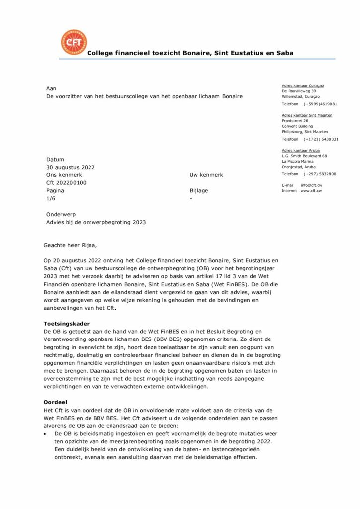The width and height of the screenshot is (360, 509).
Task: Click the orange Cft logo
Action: tap(73, 42)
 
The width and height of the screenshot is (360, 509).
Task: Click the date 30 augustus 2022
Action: tap(70, 167)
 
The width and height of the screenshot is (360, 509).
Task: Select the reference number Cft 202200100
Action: tap(66, 183)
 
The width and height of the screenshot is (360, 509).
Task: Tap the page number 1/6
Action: tap(51, 198)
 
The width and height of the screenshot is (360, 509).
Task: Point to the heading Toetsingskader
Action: tap(66, 324)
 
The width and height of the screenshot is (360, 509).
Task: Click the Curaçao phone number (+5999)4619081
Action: tap(321, 104)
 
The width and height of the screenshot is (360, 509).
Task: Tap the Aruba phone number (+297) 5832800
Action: tap(320, 174)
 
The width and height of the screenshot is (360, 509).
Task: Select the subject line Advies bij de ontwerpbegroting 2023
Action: tap(96, 222)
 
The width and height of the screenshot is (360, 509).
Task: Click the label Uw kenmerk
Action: tap(206, 175)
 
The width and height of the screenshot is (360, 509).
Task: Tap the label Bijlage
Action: tap(199, 190)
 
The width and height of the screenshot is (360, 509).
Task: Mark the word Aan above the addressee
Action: tap(51, 88)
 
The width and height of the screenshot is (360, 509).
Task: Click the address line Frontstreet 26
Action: tap(295, 121)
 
